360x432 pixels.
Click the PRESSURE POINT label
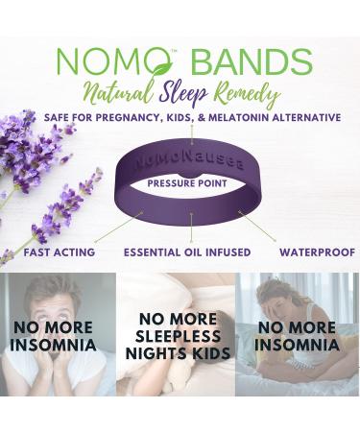pyautogui.click(x=192, y=181)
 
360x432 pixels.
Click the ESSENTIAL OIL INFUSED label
pyautogui.click(x=187, y=252)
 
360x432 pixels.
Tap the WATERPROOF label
pyautogui.click(x=311, y=252)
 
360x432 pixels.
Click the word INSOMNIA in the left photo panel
pyautogui.click(x=54, y=344)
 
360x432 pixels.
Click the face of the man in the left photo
pyautogui.click(x=53, y=300)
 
